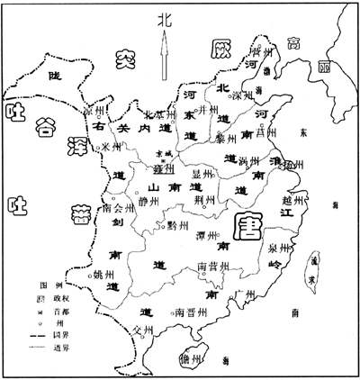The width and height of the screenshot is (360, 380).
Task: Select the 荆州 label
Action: (x=206, y=199)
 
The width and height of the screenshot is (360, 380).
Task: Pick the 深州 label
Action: (x=243, y=95)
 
